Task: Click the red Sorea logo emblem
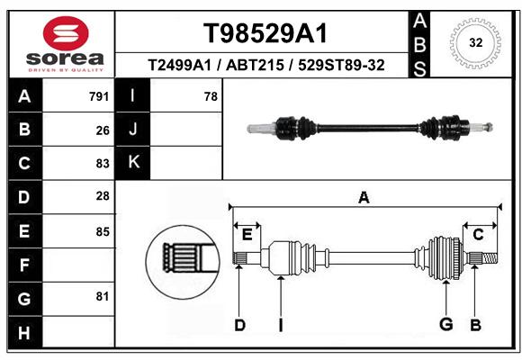click(66, 33)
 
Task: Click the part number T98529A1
click(265, 33)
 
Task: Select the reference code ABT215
click(255, 65)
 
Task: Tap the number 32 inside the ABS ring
click(476, 42)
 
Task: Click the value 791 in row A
click(99, 96)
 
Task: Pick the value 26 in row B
click(103, 130)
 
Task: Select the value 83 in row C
click(103, 164)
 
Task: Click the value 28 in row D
click(103, 196)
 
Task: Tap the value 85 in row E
click(103, 231)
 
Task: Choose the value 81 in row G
click(103, 296)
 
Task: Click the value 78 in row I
click(211, 96)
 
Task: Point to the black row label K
click(133, 163)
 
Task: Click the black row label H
click(24, 332)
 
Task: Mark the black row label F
click(24, 265)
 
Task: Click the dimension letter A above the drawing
click(364, 198)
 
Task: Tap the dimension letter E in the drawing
click(247, 235)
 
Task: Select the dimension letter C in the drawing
click(478, 235)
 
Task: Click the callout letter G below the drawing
click(446, 324)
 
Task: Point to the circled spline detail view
click(183, 262)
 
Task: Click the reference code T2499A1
click(179, 65)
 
